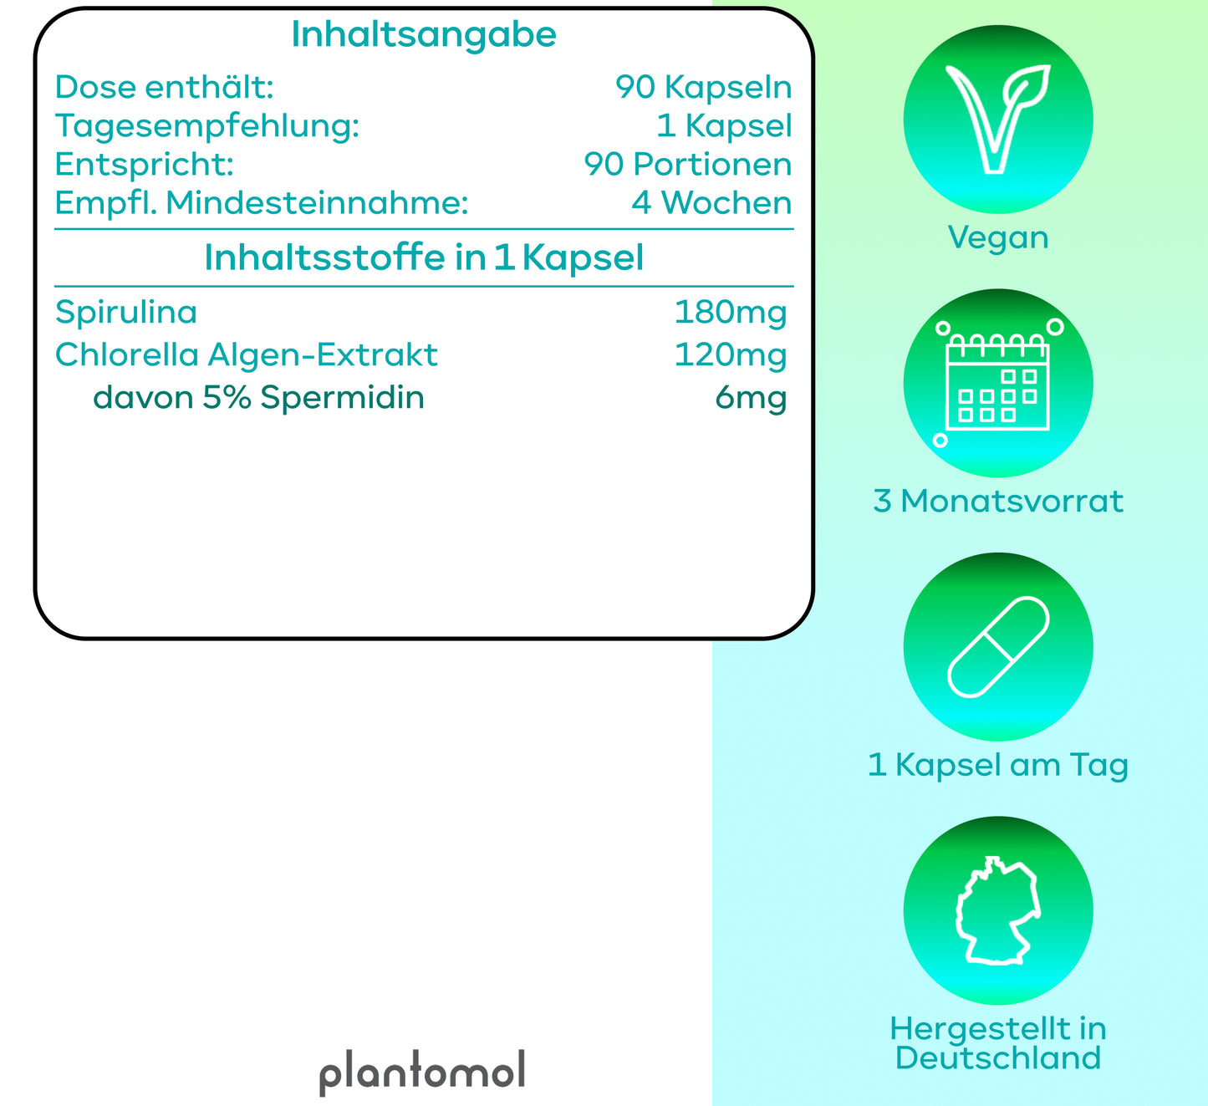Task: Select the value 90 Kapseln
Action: tap(703, 88)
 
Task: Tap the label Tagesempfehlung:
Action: tap(207, 127)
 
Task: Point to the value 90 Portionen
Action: tap(688, 165)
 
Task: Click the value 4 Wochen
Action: tap(711, 203)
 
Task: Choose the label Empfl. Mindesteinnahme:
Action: tap(262, 204)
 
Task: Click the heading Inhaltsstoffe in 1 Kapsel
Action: tap(424, 257)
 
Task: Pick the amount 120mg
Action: tap(730, 355)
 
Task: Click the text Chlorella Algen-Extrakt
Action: tap(247, 355)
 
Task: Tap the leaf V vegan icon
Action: tap(997, 120)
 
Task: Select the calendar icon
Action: tap(998, 384)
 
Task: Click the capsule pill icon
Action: tap(998, 647)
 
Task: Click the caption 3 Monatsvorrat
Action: tap(998, 502)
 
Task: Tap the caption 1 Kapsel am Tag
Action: tap(998, 766)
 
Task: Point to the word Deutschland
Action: tap(998, 1058)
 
